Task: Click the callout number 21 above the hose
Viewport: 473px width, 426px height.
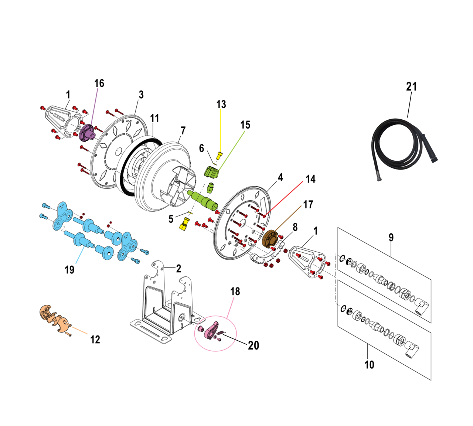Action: [x=411, y=86]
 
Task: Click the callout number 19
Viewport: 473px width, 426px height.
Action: [x=69, y=270]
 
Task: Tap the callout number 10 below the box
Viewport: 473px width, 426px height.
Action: [x=369, y=365]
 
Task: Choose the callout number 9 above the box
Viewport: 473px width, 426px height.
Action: [x=391, y=237]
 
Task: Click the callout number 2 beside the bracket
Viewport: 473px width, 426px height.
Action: [x=178, y=269]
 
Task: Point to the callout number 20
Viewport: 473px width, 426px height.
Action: [x=253, y=345]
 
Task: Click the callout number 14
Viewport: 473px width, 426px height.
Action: [x=310, y=179]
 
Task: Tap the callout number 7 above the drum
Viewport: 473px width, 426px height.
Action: [x=183, y=130]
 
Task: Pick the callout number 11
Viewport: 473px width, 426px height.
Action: [x=154, y=118]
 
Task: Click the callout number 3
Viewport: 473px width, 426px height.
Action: [x=141, y=95]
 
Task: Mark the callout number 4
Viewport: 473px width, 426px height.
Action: [x=280, y=177]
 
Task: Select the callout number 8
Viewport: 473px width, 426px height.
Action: [x=295, y=227]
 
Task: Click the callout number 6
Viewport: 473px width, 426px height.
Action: [x=201, y=148]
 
